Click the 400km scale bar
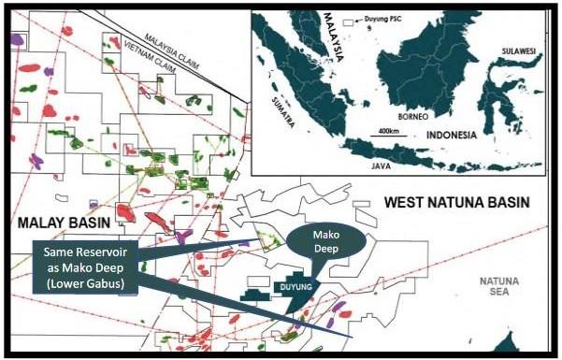pyautogui.click(x=386, y=137)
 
